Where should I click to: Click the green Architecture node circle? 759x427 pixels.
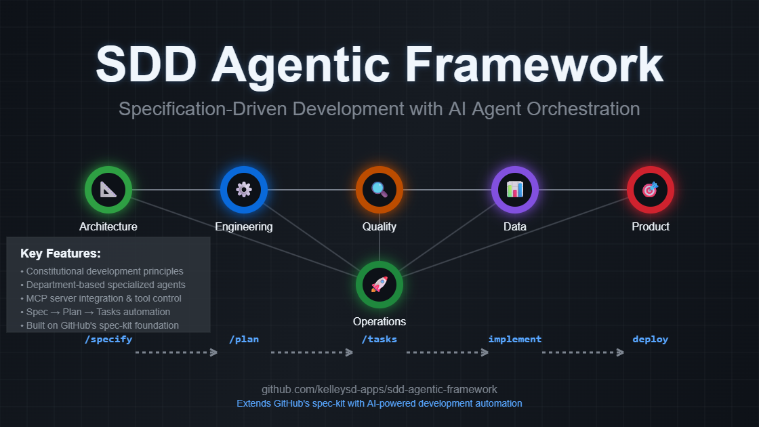(x=108, y=190)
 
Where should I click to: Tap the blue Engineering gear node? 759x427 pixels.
(x=244, y=190)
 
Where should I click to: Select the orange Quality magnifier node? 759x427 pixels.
(x=379, y=190)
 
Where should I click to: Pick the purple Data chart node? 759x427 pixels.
(x=515, y=190)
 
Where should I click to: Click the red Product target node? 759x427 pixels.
(x=650, y=190)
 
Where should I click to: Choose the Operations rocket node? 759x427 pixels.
(x=379, y=285)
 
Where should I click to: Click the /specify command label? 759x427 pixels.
(x=108, y=339)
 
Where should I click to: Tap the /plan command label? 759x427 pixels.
(x=244, y=339)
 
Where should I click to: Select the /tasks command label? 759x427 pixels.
(x=379, y=339)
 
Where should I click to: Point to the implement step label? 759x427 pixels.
(x=515, y=339)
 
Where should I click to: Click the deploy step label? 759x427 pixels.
(x=650, y=339)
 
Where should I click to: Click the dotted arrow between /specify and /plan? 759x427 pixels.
(x=176, y=352)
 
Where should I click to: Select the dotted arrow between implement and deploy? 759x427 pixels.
(x=583, y=352)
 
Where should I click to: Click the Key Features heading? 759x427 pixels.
(x=61, y=254)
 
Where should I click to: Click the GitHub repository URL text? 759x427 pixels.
(x=379, y=390)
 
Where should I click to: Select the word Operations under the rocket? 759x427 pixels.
(x=379, y=321)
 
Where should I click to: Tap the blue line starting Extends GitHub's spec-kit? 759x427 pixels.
(x=379, y=403)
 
